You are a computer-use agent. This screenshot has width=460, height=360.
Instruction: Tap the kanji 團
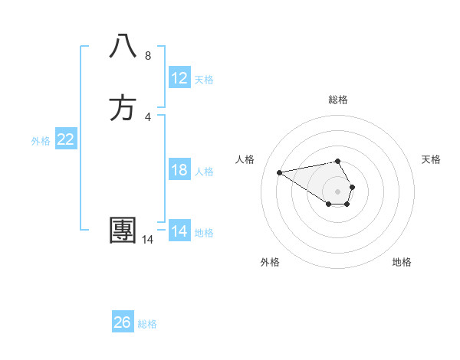[123, 231]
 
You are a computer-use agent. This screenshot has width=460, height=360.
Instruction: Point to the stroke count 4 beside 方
[147, 117]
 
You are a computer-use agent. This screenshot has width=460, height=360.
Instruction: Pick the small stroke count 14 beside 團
[147, 240]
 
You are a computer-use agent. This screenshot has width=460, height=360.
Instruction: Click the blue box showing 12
[179, 78]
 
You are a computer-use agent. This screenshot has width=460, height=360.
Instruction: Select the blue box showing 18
[179, 170]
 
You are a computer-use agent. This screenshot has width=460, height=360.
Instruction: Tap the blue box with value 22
[66, 139]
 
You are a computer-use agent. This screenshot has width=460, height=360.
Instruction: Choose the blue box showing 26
[123, 322]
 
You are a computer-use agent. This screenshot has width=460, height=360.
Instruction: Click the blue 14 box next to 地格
[179, 231]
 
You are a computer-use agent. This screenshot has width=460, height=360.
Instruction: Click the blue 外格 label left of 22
[41, 141]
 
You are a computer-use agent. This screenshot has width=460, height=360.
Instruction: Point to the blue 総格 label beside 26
[147, 324]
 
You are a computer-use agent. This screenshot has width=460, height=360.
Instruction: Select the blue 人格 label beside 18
[204, 172]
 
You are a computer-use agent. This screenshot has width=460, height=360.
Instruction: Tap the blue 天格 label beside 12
[204, 80]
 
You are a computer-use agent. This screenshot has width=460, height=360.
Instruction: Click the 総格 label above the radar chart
[338, 100]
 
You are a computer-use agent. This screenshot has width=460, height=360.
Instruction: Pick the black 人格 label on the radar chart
[245, 159]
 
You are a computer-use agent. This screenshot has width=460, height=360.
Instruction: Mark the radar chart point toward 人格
[279, 172]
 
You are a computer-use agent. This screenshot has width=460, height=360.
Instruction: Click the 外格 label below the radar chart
[270, 262]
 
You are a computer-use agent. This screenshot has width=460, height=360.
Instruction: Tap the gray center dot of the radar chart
[338, 191]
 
